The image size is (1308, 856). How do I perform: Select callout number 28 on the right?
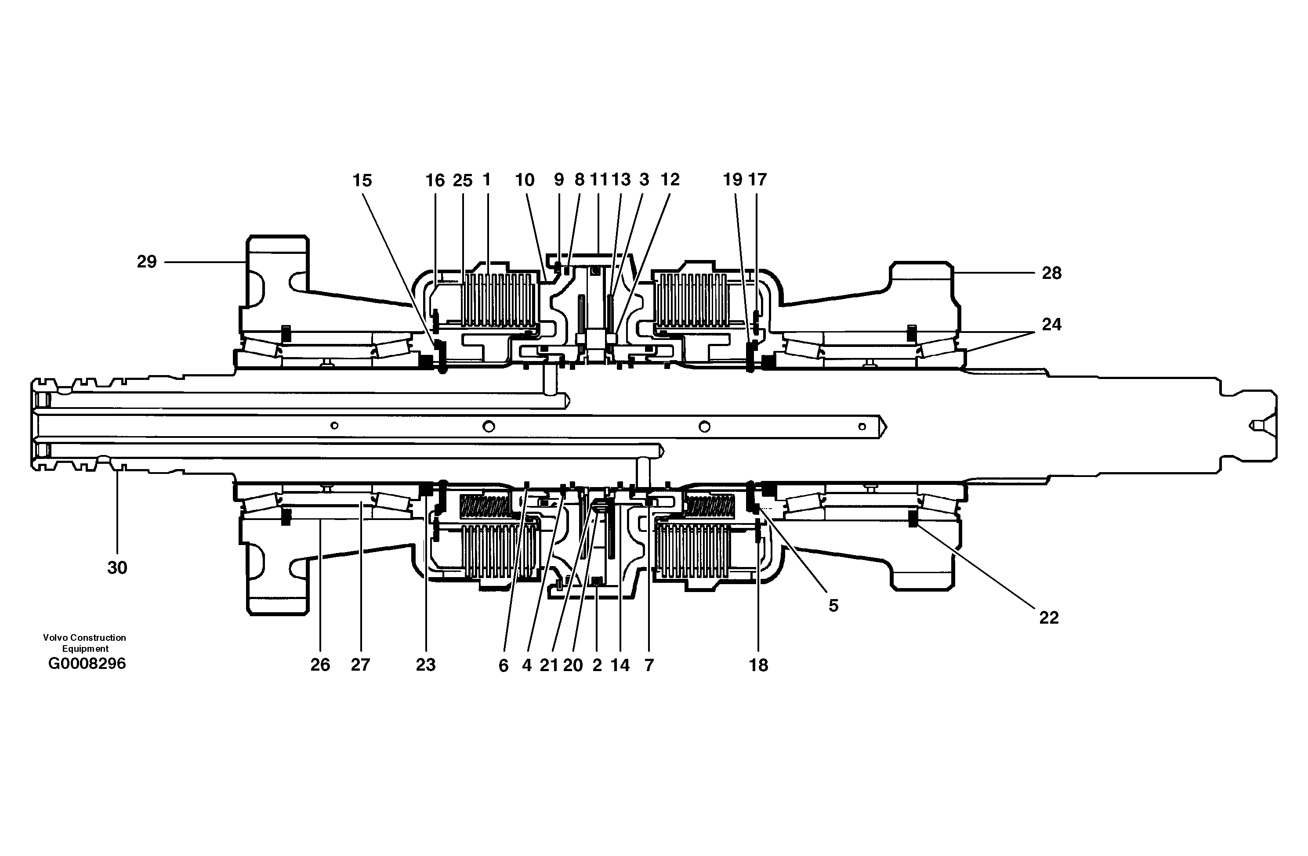pos(1051,273)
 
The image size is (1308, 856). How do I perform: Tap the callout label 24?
pos(1051,324)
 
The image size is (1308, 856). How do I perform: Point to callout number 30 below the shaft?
pos(117,567)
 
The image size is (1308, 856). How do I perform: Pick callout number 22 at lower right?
pos(1049,618)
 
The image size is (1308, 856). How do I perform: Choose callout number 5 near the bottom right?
pos(833,606)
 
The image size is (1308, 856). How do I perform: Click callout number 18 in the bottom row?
pos(758,665)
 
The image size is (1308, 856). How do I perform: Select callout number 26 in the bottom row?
pos(320,665)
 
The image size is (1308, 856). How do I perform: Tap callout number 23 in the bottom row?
pos(425,665)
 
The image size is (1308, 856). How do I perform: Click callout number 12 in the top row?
pos(670,180)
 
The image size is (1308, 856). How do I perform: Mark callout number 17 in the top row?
pos(757,180)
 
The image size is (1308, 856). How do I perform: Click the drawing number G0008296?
pos(87,664)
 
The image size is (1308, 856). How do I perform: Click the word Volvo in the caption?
pos(55,637)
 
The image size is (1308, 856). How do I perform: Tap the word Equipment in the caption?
pos(85,648)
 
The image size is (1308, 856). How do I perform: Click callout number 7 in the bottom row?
pos(649,665)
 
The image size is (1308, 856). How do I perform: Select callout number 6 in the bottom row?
pos(504,666)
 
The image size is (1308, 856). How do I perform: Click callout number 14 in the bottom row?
pos(620,665)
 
